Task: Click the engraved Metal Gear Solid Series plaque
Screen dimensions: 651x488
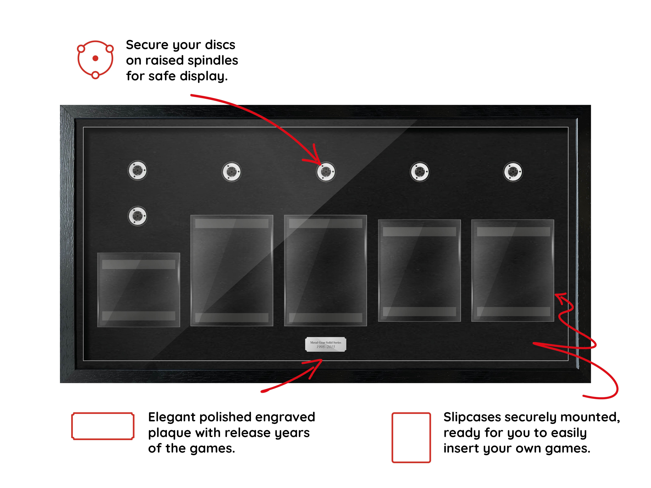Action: pyautogui.click(x=326, y=344)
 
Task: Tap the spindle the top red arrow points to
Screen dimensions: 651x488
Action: pyautogui.click(x=326, y=172)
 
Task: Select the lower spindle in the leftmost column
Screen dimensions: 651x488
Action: pyautogui.click(x=137, y=216)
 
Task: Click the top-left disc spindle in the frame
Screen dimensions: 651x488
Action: pyautogui.click(x=137, y=170)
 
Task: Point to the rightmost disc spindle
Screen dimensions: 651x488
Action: pyautogui.click(x=513, y=172)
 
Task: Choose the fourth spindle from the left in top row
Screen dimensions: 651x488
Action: pyautogui.click(x=420, y=172)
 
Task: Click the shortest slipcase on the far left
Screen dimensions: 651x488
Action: pyautogui.click(x=139, y=290)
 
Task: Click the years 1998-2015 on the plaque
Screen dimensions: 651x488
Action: pyautogui.click(x=326, y=347)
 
